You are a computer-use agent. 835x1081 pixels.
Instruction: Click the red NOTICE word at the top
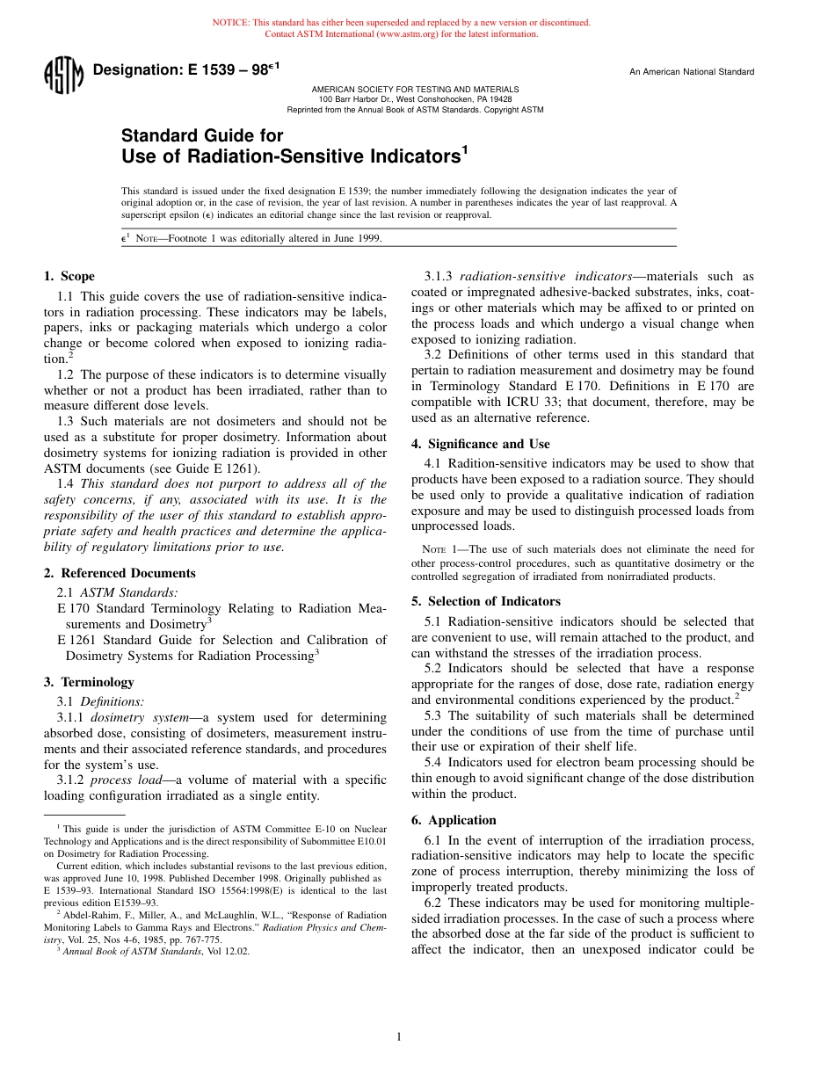coord(230,23)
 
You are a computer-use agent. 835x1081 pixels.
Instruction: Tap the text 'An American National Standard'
coord(691,72)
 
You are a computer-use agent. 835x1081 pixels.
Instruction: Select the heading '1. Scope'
coord(69,276)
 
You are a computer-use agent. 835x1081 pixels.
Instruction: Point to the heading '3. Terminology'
coord(89,682)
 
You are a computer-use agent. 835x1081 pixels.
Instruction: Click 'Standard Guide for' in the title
coord(202,135)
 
